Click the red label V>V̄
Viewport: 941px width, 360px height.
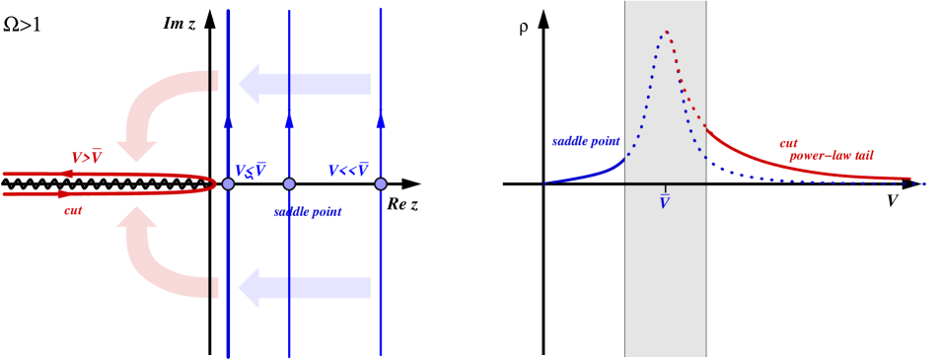coord(87,158)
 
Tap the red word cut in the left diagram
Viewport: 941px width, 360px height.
coord(74,210)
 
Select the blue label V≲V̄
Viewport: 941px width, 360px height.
coord(250,171)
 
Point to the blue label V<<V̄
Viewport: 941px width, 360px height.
coord(348,171)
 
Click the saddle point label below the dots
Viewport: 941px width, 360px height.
coord(308,212)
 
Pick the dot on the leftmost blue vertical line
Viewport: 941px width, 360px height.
coord(228,184)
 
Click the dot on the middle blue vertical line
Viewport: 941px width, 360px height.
coord(289,184)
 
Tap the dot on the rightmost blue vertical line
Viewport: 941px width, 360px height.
coord(381,184)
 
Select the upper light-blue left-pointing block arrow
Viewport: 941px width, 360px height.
coord(305,85)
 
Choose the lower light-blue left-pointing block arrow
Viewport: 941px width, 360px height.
coord(305,287)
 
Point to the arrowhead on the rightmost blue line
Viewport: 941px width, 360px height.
coord(381,120)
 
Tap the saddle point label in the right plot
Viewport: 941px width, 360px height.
coord(585,142)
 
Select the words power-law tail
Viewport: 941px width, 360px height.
coord(831,156)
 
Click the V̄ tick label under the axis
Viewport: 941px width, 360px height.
coord(664,201)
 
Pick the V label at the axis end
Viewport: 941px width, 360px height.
coord(892,201)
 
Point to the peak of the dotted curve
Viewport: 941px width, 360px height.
coord(666,32)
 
